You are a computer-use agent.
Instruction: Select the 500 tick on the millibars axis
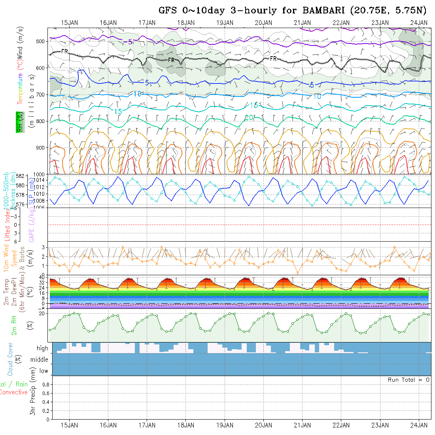42,41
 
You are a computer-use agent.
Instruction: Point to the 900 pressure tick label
42,148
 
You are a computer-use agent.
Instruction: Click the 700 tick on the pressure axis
42,95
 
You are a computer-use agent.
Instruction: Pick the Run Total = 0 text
409,380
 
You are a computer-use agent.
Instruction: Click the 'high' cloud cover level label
42,348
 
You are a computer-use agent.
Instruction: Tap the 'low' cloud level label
43,371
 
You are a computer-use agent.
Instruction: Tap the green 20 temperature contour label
249,117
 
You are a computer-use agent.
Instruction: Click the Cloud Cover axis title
10,359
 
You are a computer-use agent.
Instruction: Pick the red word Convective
13,392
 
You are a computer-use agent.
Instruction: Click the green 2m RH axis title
14,325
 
